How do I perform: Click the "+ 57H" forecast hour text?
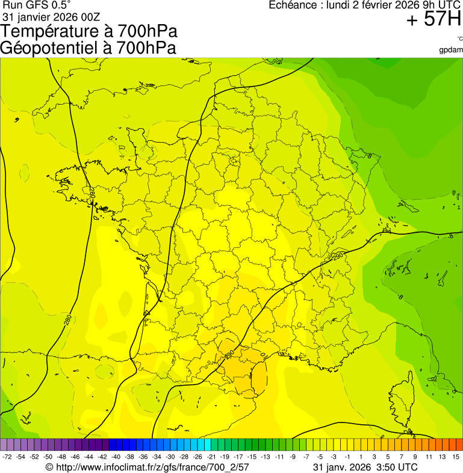[x=433, y=19]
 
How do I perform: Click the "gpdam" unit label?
[x=451, y=50]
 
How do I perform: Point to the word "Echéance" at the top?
[x=291, y=5]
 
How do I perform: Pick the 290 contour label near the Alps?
[x=337, y=256]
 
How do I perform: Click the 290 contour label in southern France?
[x=229, y=356]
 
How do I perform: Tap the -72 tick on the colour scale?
[x=8, y=457]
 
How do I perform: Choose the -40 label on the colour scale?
[x=116, y=457]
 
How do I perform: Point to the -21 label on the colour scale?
[x=210, y=457]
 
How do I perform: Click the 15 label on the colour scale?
[x=456, y=457]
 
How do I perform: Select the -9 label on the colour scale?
[x=293, y=457]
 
